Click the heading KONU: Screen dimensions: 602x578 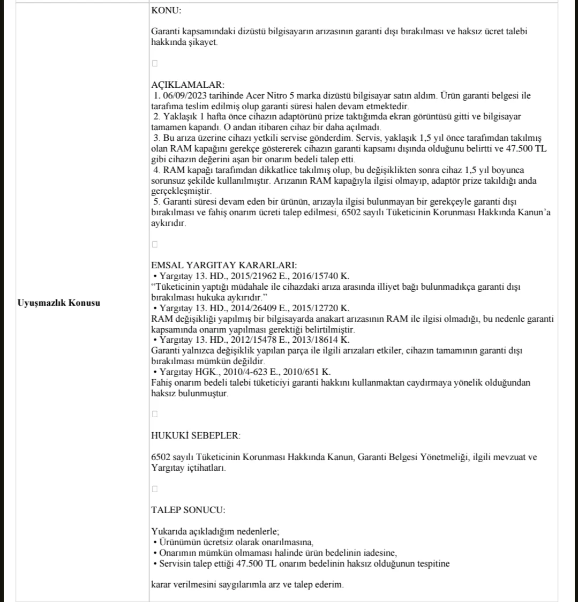[166, 10]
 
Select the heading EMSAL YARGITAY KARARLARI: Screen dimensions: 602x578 [224, 265]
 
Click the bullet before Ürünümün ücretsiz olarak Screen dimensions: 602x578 [154, 542]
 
